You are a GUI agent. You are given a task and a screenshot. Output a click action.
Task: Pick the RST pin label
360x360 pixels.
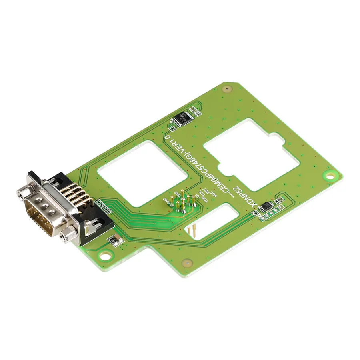tap(205, 192)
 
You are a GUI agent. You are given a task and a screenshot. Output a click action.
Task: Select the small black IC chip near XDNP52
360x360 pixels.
tap(265, 206)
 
